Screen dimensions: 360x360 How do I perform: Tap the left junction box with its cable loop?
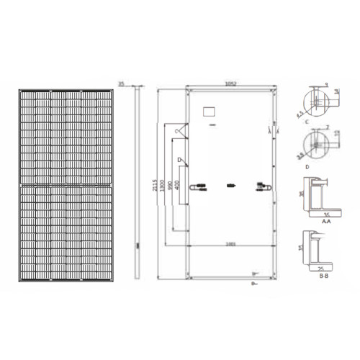(x=195, y=186)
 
